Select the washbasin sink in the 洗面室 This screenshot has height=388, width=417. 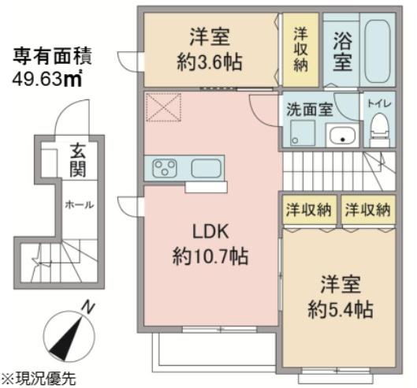coord(343,135)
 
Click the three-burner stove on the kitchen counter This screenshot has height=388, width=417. coord(165,168)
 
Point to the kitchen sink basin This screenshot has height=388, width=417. coord(207,168)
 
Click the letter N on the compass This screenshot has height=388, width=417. coord(87,308)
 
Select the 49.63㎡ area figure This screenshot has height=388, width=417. coord(47,78)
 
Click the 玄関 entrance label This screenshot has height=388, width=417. coord(78,160)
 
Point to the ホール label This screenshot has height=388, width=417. coord(80,205)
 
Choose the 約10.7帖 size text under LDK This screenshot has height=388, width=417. coord(210,257)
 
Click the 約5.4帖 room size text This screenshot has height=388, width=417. coord(341,309)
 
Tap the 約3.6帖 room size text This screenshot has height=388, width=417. coord(210,62)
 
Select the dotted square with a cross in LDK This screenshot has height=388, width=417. coord(163,107)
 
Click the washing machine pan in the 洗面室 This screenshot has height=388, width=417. coord(303,132)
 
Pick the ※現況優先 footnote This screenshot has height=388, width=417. coord(39,379)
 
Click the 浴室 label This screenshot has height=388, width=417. coord(343,51)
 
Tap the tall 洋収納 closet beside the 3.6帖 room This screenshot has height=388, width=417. coord(300,50)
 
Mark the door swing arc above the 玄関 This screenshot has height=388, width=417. coord(69,110)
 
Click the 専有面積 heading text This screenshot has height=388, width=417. coord(52,56)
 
